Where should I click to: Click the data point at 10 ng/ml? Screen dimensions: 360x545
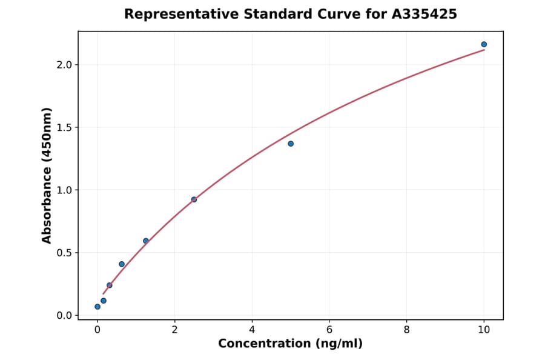tap(484, 44)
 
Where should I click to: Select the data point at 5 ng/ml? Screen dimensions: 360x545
tap(291, 144)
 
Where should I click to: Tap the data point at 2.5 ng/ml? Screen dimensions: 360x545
tap(194, 199)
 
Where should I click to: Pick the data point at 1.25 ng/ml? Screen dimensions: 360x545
tap(146, 241)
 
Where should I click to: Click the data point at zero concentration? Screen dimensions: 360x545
tap(97, 307)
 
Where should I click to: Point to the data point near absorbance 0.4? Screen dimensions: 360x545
tap(122, 264)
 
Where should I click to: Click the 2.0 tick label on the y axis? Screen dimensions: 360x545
tap(64, 65)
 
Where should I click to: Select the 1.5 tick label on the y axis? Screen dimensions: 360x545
tap(64, 127)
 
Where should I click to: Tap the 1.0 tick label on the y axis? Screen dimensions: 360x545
tap(64, 190)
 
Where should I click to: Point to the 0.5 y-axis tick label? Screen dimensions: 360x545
tap(64, 253)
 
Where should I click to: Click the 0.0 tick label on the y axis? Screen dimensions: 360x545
tap(64, 316)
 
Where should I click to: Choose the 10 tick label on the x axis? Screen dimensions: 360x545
tap(484, 330)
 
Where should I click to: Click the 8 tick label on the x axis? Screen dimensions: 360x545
tap(406, 330)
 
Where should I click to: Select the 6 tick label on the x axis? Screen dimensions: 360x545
tap(329, 330)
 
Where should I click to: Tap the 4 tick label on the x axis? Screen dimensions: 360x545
tap(252, 330)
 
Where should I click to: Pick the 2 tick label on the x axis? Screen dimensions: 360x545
tap(174, 330)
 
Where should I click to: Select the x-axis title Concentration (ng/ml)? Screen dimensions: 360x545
tap(290, 344)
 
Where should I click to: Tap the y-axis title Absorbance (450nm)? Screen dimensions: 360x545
tap(47, 176)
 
